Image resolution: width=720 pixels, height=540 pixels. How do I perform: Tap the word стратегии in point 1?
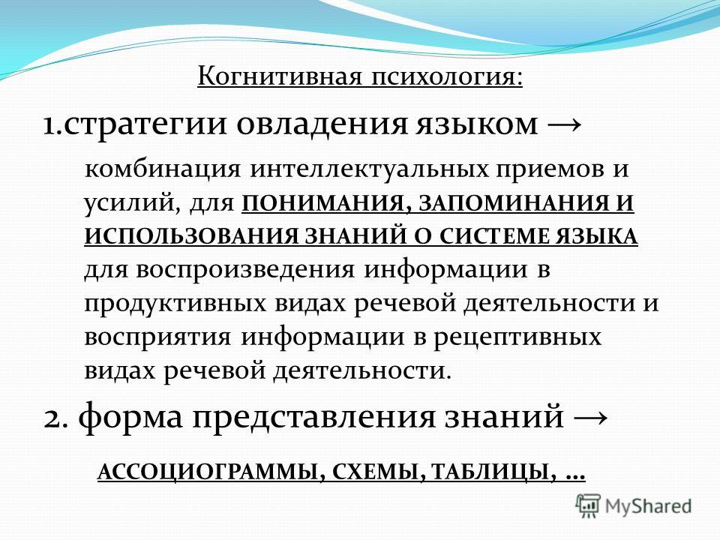[x=145, y=125]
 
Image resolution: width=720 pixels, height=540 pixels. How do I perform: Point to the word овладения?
[x=322, y=124]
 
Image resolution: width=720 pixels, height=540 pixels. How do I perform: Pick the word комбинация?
[x=163, y=169]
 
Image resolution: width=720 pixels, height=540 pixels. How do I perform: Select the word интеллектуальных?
[x=369, y=169]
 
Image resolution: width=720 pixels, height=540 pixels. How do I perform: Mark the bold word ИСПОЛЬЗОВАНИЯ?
[x=192, y=236]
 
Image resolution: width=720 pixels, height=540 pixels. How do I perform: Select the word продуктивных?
[x=175, y=304]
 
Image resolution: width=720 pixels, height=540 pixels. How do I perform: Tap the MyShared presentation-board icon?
[x=588, y=506]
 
